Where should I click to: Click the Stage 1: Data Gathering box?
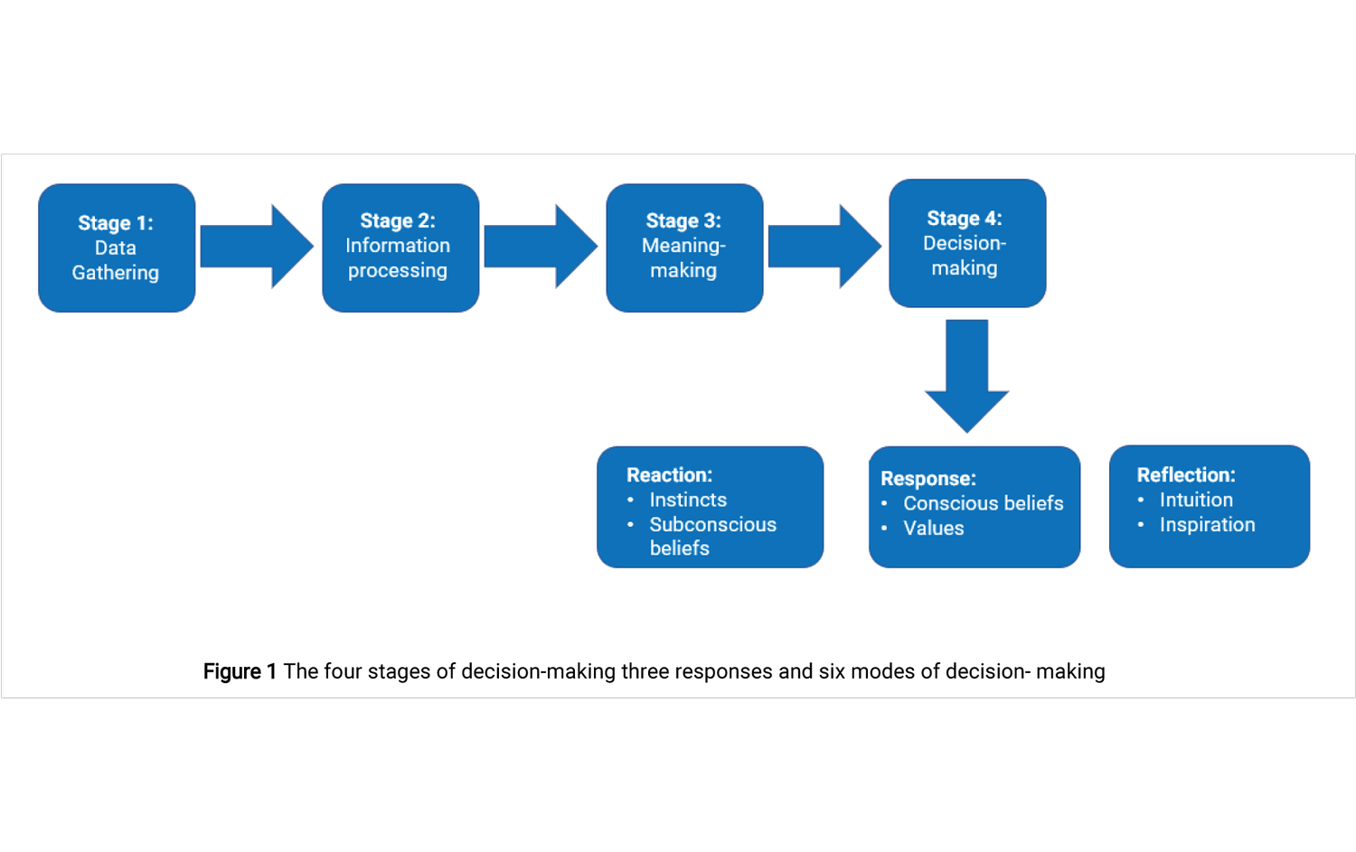tap(117, 248)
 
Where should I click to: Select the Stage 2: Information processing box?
tap(400, 248)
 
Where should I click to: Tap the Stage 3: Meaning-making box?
tap(684, 248)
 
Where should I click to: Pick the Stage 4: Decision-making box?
tap(967, 243)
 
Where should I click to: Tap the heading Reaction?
tap(669, 475)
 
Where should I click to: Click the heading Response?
tap(928, 479)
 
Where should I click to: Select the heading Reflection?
tap(1185, 475)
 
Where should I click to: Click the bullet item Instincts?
tap(688, 500)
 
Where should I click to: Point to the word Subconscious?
tap(712, 525)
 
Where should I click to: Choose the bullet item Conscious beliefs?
tap(983, 503)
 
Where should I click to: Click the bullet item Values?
tap(933, 529)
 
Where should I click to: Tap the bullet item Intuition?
tap(1195, 500)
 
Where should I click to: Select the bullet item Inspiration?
tap(1207, 525)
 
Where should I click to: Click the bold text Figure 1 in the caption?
tap(239, 671)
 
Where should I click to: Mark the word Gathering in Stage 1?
tap(116, 273)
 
